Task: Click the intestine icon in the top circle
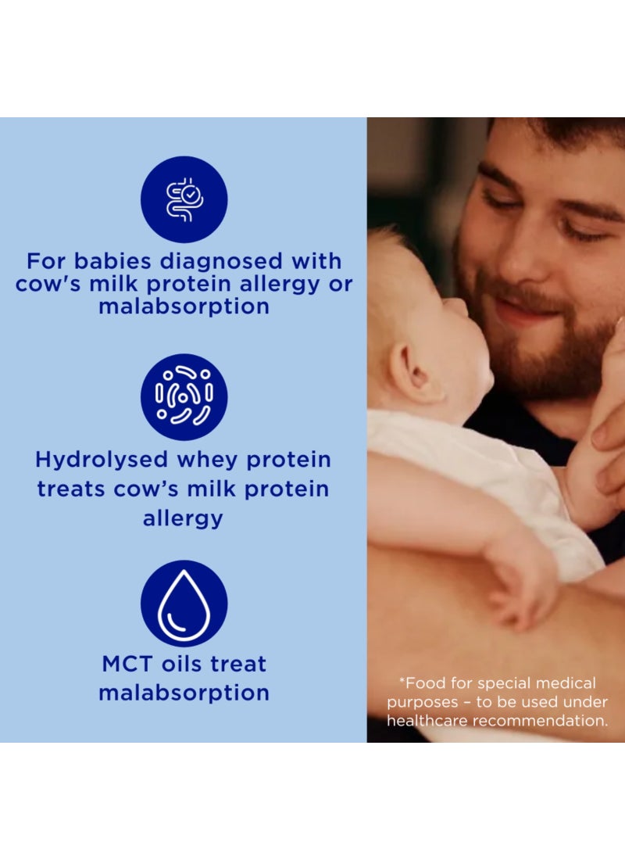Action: [184, 199]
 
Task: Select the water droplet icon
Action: [184, 603]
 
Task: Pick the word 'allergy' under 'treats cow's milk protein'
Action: [183, 518]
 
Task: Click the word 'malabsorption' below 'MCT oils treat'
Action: [184, 693]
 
